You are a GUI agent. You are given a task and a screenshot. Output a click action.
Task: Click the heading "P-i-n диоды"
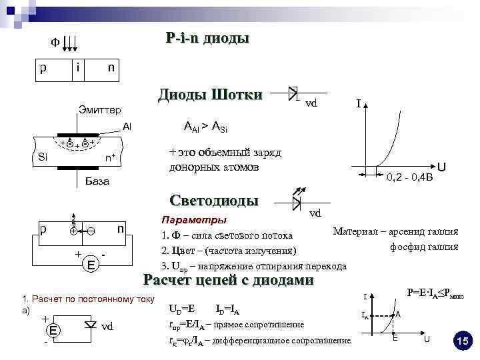207,39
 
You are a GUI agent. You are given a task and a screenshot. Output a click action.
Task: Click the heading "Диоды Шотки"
210,95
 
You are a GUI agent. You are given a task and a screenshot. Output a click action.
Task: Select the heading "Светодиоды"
214,200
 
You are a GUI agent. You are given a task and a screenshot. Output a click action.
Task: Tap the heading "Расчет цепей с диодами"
229,280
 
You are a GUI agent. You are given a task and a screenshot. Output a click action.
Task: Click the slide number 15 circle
461,341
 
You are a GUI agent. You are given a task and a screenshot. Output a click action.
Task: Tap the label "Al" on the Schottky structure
127,126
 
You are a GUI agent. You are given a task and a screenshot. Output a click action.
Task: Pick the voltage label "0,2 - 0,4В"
409,177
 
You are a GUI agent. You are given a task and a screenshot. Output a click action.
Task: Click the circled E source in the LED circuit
90,265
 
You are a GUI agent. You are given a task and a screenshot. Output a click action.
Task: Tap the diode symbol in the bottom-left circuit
91,325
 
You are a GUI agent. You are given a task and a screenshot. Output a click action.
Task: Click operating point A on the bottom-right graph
394,315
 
